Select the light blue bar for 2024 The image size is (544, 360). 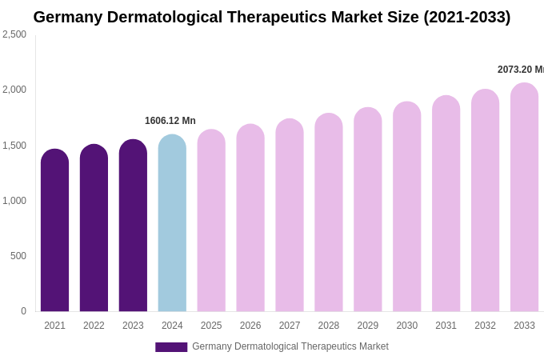tap(172, 223)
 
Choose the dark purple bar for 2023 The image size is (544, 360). tap(133, 226)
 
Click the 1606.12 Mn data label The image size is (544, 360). tap(170, 121)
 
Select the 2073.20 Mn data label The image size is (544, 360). tap(520, 70)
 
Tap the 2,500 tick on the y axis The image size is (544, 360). tap(14, 34)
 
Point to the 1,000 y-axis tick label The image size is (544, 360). tap(14, 201)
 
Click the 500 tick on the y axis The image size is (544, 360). tap(18, 256)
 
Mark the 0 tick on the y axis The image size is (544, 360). tap(23, 311)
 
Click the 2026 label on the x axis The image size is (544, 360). tap(250, 326)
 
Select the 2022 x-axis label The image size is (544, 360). tap(94, 326)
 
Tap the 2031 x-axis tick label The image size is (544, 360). tap(446, 326)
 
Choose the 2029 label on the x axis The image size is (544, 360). tap(368, 326)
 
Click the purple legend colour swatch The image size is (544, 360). tap(171, 347)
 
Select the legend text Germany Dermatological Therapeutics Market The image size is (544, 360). tap(290, 346)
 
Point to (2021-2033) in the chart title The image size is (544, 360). tap(466, 17)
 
